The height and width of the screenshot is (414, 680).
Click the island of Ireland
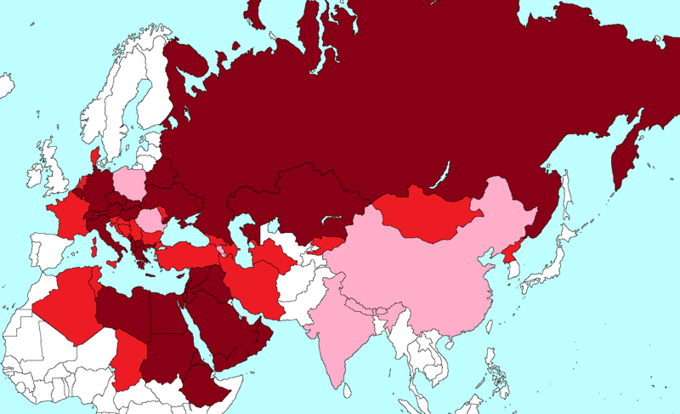34,177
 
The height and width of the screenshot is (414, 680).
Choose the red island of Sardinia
93,247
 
